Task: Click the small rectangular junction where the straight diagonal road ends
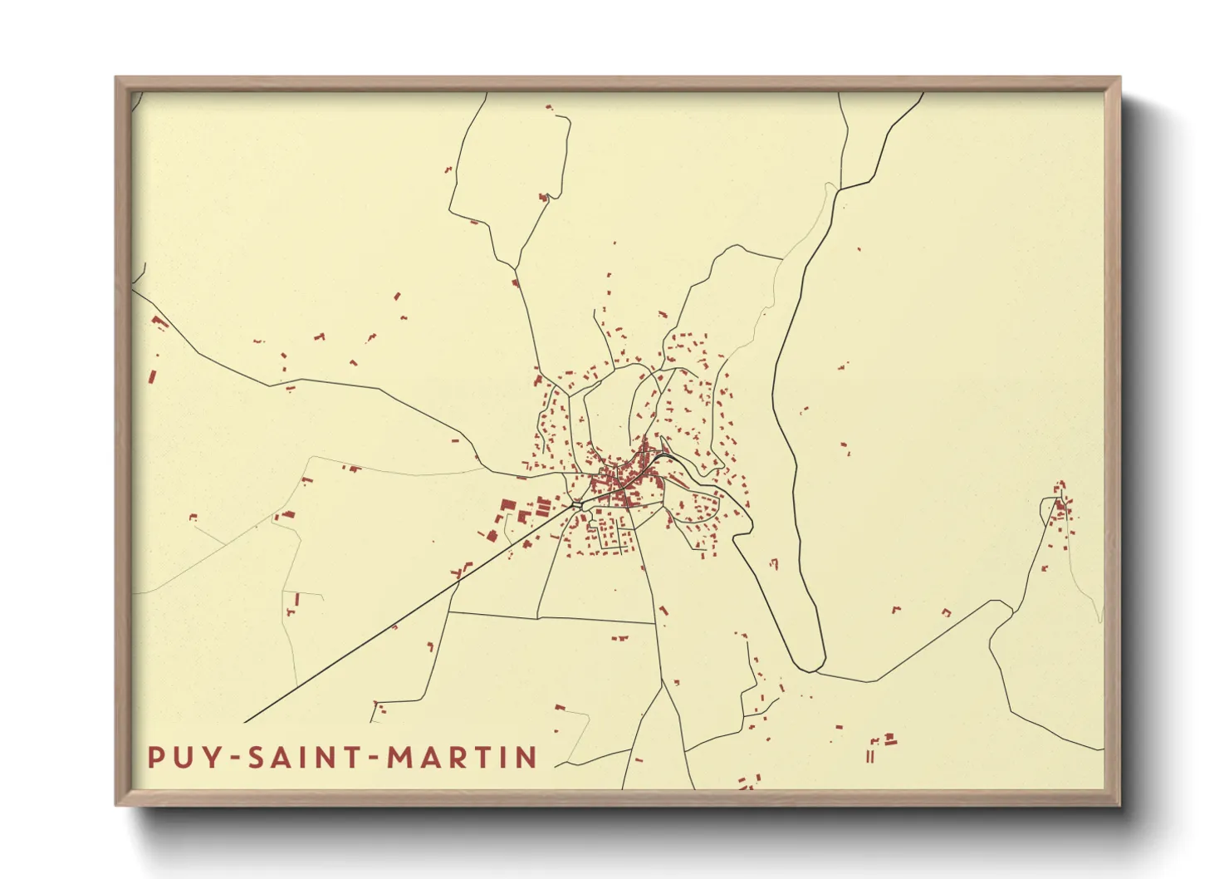(576, 504)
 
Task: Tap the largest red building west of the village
(505, 508)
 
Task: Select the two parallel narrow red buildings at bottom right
(869, 756)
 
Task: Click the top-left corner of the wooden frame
(117, 79)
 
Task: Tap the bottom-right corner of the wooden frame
(1119, 803)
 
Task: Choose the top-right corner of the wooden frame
(1119, 79)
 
